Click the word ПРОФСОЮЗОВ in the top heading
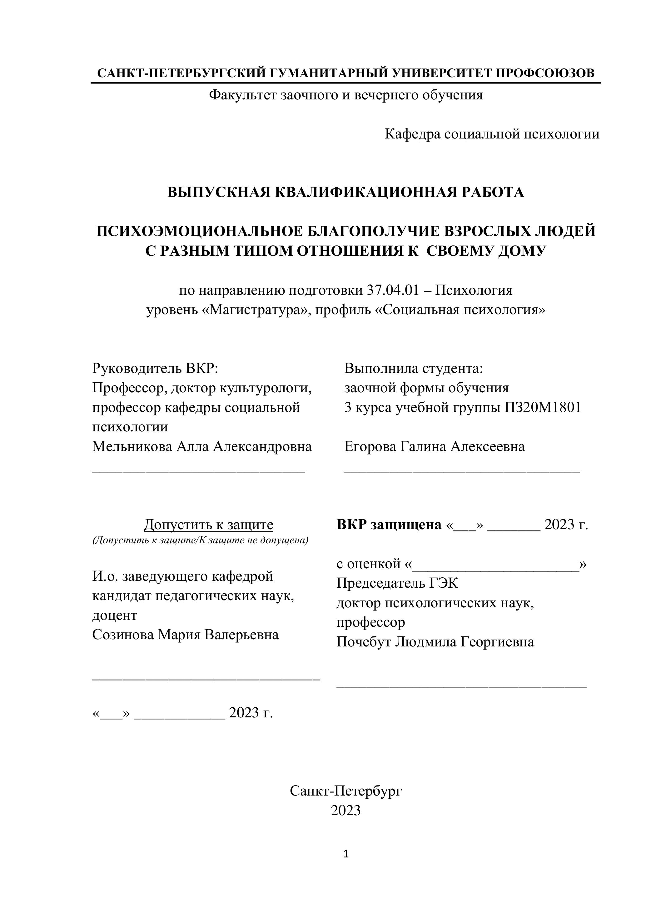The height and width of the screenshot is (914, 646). click(x=545, y=73)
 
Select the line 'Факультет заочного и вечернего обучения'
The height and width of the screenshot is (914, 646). click(x=346, y=95)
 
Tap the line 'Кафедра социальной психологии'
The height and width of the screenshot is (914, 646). click(x=492, y=134)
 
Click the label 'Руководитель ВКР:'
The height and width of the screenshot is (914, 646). click(x=155, y=368)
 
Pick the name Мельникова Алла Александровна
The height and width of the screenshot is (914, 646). click(x=202, y=446)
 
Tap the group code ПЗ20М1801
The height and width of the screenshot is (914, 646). click(x=543, y=407)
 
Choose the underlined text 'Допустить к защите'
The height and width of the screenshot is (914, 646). click(x=208, y=525)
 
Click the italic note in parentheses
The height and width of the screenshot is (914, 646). click(x=200, y=540)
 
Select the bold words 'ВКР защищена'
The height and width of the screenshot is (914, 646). click(x=389, y=525)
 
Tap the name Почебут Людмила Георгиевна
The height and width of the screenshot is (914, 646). click(x=435, y=642)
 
